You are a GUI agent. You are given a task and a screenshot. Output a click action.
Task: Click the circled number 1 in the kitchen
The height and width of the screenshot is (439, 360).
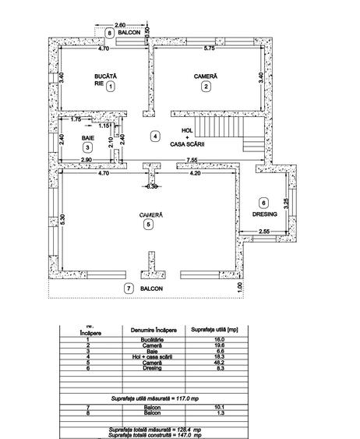click(x=111, y=87)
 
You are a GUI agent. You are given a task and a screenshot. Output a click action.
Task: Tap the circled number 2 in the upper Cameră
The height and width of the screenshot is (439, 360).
click(x=206, y=87)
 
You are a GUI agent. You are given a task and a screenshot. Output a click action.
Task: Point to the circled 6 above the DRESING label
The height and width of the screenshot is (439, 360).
click(x=263, y=202)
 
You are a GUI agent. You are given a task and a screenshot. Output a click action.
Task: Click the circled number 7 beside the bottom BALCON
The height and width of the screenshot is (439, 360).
click(x=129, y=289)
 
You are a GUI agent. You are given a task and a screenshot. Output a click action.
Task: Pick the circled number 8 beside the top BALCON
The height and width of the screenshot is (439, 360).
click(x=110, y=33)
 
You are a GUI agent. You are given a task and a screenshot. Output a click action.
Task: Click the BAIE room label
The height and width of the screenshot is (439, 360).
click(x=87, y=136)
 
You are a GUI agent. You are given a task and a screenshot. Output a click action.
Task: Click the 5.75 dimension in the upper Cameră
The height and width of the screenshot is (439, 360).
click(x=209, y=49)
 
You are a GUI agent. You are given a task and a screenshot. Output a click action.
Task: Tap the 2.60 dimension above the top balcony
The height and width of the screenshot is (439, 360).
click(x=120, y=25)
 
